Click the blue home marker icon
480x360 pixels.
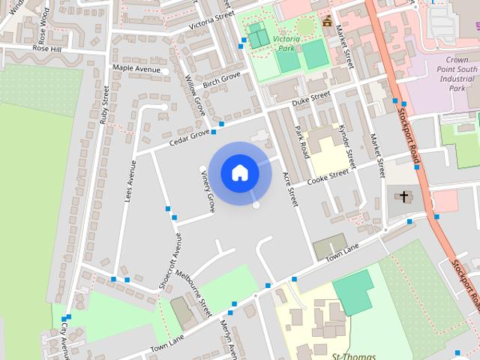pyautogui.click(x=240, y=173)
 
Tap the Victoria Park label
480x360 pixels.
pyautogui.click(x=287, y=43)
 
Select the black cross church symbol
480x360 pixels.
pyautogui.click(x=404, y=197)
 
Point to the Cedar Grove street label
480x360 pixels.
pyautogui.click(x=189, y=136)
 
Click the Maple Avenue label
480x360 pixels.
pyautogui.click(x=136, y=69)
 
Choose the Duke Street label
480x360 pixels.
pyautogui.click(x=310, y=97)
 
